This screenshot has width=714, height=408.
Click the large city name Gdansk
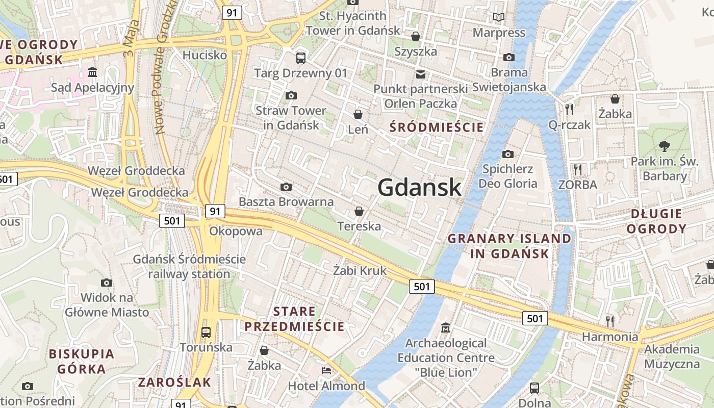pos(419,188)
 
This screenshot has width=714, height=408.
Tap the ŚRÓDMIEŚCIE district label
pos(436,127)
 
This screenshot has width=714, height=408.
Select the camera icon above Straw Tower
pos(291,95)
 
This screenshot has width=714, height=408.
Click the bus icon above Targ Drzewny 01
pos(301,58)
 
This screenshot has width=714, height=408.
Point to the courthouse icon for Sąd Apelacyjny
pos(92,72)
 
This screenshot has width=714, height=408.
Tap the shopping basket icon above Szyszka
pos(416,36)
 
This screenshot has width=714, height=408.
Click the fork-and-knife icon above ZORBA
pos(577,169)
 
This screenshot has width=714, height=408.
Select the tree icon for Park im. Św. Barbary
pos(664,146)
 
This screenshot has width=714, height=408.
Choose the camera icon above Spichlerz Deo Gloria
pos(507,154)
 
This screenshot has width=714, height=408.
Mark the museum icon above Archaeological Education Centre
pos(446,327)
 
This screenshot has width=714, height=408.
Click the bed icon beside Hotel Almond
pos(326,370)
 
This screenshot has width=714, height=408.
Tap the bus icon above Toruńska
pos(206,333)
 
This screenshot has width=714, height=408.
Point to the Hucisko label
pos(205,55)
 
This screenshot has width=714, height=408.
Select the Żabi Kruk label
pos(360,270)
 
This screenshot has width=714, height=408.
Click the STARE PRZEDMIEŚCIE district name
pos(294,319)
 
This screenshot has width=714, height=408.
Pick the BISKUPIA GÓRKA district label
pos(82,361)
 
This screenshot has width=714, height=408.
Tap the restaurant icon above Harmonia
pos(610,321)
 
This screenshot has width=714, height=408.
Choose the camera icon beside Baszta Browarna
pos(286,187)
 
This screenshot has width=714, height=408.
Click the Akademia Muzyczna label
pos(672,356)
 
